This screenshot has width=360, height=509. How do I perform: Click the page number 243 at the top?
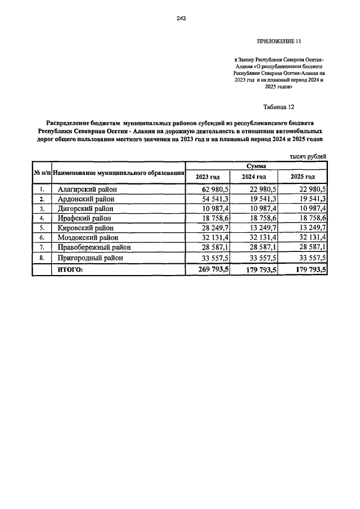181,18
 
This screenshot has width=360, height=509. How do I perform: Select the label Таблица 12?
280,107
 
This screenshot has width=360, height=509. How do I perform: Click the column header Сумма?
256,166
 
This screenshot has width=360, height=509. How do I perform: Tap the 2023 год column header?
207,177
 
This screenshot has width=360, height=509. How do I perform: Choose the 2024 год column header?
254,177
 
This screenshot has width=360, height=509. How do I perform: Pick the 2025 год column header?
302,177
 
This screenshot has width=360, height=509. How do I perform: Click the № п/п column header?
42,172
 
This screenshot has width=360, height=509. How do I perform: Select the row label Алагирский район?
87,190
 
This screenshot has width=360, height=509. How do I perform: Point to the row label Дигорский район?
85,209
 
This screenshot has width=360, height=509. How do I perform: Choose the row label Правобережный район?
94,247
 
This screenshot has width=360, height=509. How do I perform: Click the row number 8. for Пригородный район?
42,258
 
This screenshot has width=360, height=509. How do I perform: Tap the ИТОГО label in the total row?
67,270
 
